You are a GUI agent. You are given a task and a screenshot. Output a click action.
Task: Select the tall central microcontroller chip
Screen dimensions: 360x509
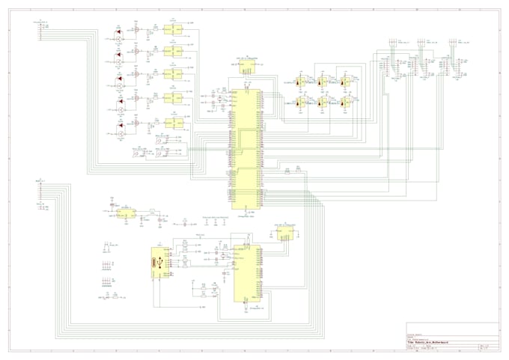245,149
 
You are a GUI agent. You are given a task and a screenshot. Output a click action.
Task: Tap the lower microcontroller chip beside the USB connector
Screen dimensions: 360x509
246,273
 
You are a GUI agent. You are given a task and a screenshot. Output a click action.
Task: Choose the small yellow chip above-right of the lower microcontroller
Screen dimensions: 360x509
284,234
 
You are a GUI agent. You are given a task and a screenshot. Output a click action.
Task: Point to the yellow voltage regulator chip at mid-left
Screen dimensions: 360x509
127,213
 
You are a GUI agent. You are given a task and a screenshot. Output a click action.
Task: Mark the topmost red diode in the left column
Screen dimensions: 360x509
118,35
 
